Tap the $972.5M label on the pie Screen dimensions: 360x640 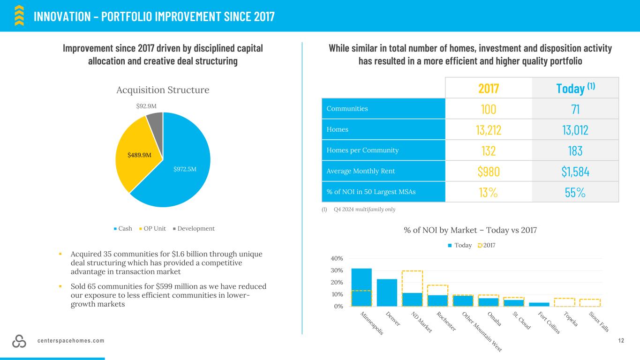[x=185, y=168]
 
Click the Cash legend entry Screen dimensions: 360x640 [x=122, y=229]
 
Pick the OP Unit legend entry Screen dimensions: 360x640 [x=152, y=229]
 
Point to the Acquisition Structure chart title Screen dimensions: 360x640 [x=163, y=90]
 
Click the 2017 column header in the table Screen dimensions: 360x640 [x=488, y=88]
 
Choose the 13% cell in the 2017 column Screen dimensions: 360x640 [x=488, y=192]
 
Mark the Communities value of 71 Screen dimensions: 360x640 [x=575, y=109]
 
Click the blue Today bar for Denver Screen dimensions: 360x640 [x=387, y=292]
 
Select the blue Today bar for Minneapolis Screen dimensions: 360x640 [x=361, y=287]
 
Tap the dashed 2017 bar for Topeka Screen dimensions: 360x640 [x=564, y=302]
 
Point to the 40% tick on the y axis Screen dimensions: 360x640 [x=338, y=258]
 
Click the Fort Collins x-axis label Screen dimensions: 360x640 [x=549, y=322]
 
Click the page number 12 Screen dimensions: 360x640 [x=621, y=341]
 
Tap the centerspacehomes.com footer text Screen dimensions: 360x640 [x=71, y=341]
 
